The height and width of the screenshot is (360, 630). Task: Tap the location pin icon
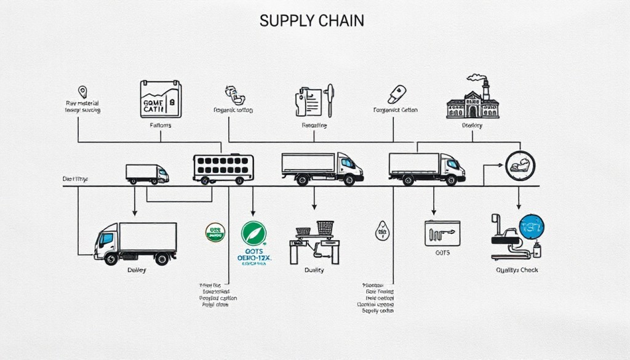(82, 92)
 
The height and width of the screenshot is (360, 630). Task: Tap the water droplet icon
(381, 231)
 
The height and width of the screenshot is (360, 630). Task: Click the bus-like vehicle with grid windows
(223, 168)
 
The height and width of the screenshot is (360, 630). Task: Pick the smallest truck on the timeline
(147, 174)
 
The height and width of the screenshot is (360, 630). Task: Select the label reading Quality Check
(520, 270)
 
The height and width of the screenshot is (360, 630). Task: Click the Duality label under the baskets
(314, 270)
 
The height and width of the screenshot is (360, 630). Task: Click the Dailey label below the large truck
(137, 270)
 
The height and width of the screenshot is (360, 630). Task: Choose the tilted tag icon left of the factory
(395, 95)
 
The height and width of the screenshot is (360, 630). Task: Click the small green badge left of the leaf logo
(215, 233)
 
